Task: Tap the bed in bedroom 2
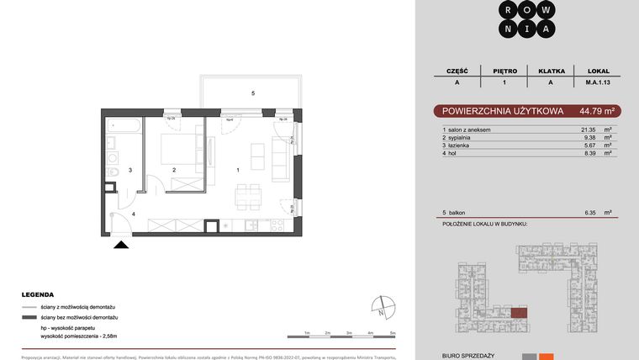[177, 148]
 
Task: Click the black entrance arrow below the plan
[122, 245]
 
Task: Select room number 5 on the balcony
[252, 93]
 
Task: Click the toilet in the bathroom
[113, 176]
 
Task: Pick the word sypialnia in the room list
[464, 137]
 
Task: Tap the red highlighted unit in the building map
[520, 313]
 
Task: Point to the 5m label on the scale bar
[393, 334]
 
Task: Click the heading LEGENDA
[39, 295]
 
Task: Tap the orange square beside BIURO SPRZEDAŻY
[546, 357]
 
